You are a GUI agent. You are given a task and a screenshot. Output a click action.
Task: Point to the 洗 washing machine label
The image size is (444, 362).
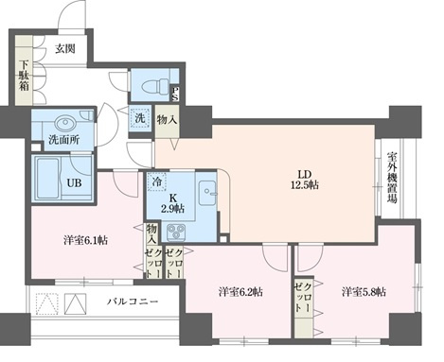137,119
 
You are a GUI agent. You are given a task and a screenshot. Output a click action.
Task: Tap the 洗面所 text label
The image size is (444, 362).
62,143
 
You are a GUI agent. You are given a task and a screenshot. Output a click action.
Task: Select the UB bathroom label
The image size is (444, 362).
73,183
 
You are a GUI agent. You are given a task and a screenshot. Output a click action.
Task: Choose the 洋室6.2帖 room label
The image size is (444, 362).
240,291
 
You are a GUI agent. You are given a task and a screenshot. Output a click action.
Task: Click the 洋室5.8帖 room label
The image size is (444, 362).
364,291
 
